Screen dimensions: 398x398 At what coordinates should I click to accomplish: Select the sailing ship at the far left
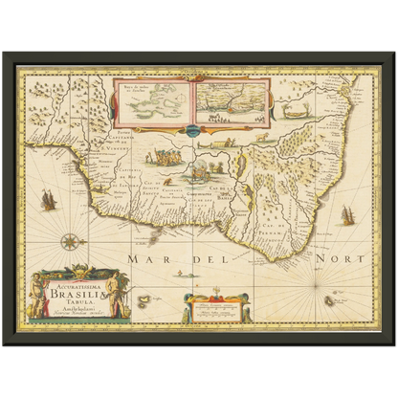46,199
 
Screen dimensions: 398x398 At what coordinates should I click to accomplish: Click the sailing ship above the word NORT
343,223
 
